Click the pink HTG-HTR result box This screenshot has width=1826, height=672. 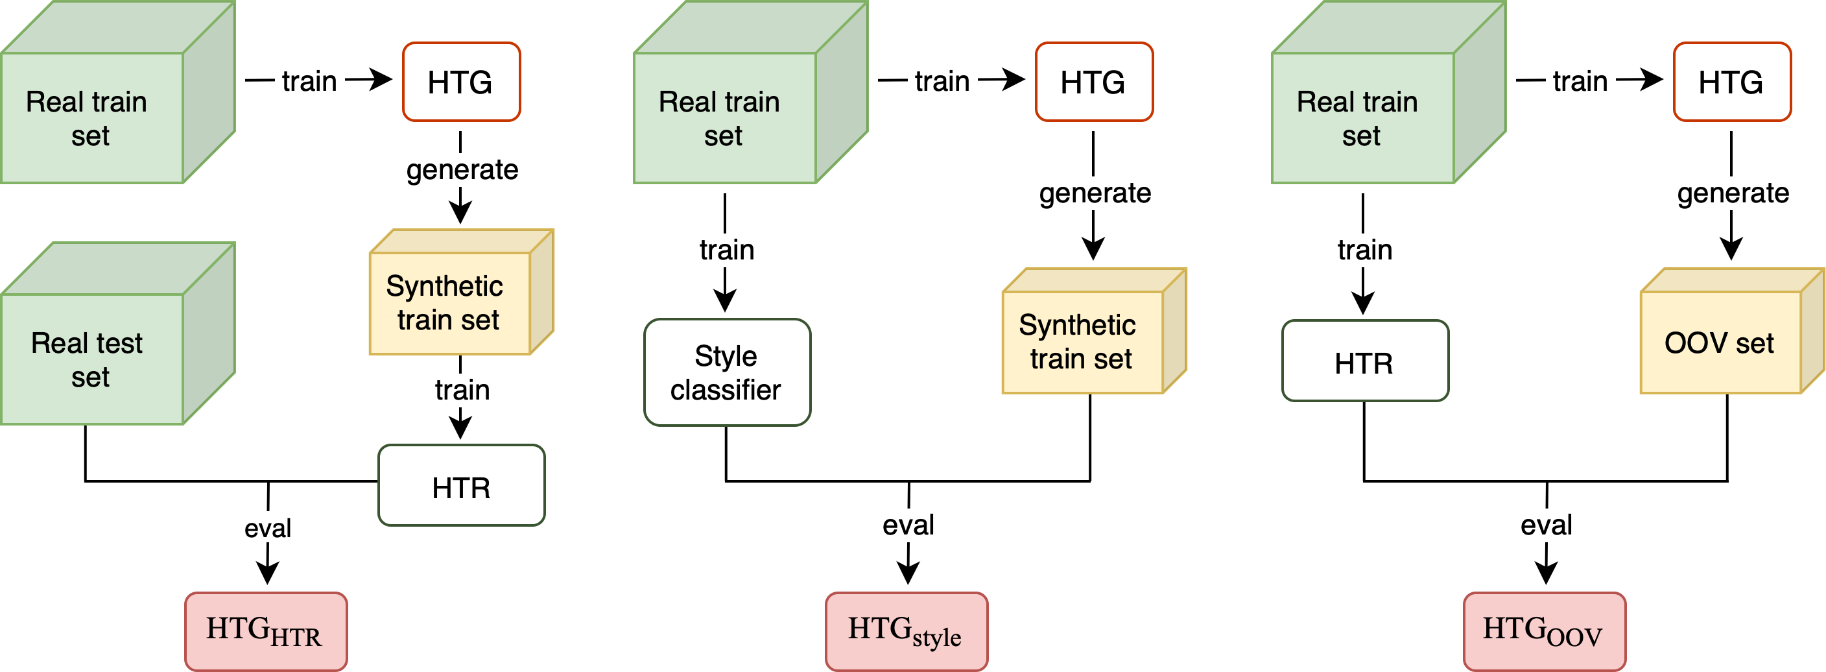pyautogui.click(x=266, y=631)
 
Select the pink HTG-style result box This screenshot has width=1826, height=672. pyautogui.click(x=906, y=631)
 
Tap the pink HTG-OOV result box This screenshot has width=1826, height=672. pyautogui.click(x=1544, y=631)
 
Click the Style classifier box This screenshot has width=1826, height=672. pyautogui.click(x=726, y=372)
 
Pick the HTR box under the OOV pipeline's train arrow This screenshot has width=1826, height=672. pyautogui.click(x=1364, y=361)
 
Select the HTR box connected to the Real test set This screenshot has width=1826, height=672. pyautogui.click(x=461, y=486)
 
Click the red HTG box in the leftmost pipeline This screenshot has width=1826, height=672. pyautogui.click(x=461, y=82)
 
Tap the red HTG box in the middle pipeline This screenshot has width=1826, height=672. pyautogui.click(x=1094, y=82)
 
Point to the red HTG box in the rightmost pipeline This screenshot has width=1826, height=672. pyautogui.click(x=1732, y=82)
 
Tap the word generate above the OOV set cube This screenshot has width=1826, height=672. pyautogui.click(x=1733, y=193)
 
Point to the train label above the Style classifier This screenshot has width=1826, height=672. pyautogui.click(x=726, y=250)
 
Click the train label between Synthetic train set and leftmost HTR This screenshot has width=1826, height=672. pyautogui.click(x=462, y=390)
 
